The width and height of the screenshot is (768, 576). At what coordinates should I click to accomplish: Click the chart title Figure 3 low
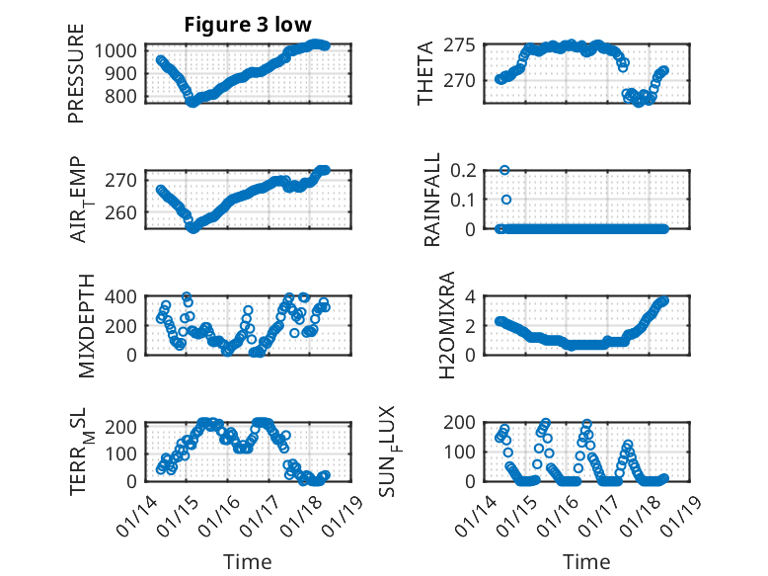tap(247, 26)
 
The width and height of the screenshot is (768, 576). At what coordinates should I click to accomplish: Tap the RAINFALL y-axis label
tap(431, 199)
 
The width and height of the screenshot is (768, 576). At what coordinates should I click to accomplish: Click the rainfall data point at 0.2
tap(504, 170)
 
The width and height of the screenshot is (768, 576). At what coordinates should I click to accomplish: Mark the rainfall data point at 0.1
tap(506, 200)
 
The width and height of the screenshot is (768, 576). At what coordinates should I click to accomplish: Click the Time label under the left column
tap(248, 561)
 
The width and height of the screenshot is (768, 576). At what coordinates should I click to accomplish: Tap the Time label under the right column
tap(586, 561)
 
